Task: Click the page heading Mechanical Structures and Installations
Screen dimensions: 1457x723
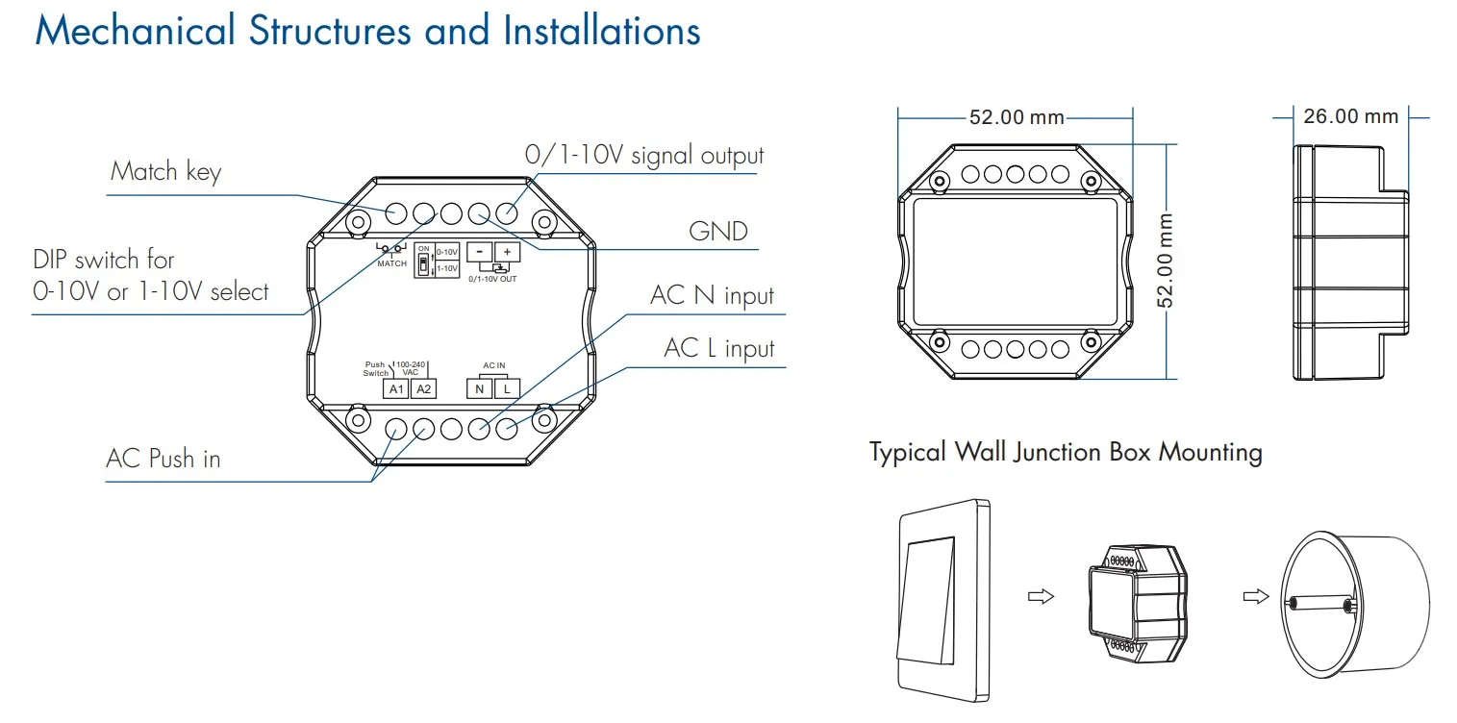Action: pos(367,31)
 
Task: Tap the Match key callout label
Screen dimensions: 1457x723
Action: pos(165,172)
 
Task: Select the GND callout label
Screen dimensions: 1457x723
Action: pos(718,232)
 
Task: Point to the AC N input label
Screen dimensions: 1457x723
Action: pos(712,295)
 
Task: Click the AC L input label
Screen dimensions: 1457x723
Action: pos(718,348)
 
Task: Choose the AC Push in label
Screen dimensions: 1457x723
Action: pos(163,459)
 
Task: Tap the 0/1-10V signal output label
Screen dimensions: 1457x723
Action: pos(644,156)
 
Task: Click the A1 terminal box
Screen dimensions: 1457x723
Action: pos(396,388)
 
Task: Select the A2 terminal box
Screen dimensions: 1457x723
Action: pos(423,388)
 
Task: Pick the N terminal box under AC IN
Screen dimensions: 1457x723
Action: pos(479,388)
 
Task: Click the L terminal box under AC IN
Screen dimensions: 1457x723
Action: pos(507,388)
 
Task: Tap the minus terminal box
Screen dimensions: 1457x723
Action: pos(479,252)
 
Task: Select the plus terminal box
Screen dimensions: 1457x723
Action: pos(508,252)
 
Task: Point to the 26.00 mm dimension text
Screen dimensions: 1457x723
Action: pos(1351,116)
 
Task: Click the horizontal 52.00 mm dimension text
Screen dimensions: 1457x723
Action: pos(1017,117)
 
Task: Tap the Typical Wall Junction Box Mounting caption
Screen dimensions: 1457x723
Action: pos(1067,452)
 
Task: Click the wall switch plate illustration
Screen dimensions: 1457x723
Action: pos(943,600)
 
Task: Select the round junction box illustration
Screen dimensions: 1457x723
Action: pos(1355,605)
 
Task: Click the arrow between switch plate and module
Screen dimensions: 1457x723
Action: pos(1041,596)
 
